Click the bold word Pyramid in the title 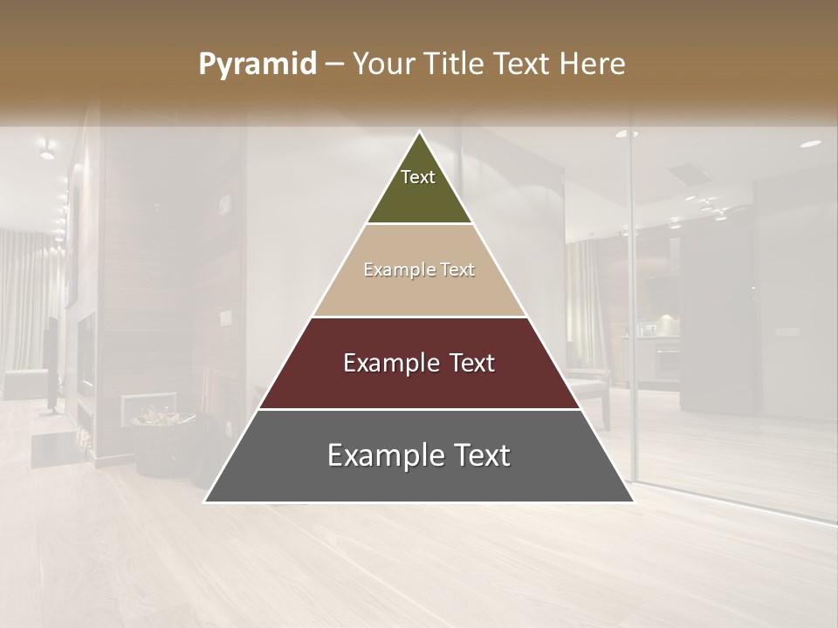point(258,65)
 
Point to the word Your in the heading point(383,65)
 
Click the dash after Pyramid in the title point(334,65)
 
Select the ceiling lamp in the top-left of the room point(46,150)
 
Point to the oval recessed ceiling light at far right point(811,143)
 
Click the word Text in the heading point(521,65)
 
